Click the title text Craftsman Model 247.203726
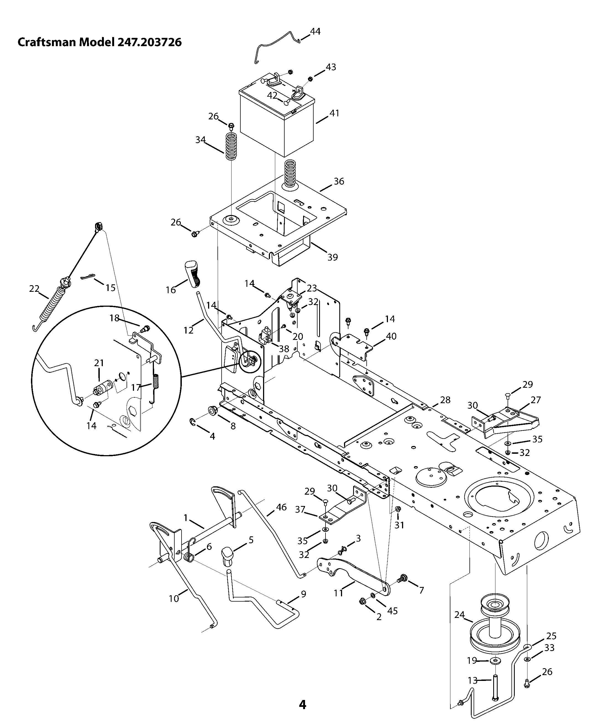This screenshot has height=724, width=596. [99, 42]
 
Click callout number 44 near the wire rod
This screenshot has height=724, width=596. [315, 31]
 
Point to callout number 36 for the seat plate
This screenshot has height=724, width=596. [339, 181]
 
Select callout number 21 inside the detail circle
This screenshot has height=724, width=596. [99, 363]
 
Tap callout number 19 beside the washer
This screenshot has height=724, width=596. [472, 660]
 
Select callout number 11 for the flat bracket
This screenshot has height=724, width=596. [338, 592]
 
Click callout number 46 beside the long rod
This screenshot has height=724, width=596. [281, 507]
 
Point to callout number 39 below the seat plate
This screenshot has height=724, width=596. [332, 257]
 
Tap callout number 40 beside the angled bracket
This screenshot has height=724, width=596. [391, 336]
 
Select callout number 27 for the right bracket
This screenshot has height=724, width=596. [535, 400]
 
